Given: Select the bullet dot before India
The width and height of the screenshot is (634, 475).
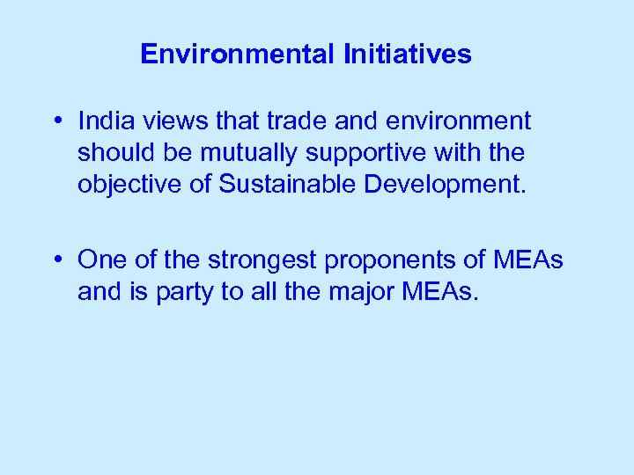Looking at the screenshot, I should [x=55, y=121].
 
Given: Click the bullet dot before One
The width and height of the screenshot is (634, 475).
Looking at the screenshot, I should [x=55, y=259].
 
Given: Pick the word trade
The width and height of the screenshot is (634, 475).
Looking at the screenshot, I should [x=295, y=120].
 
